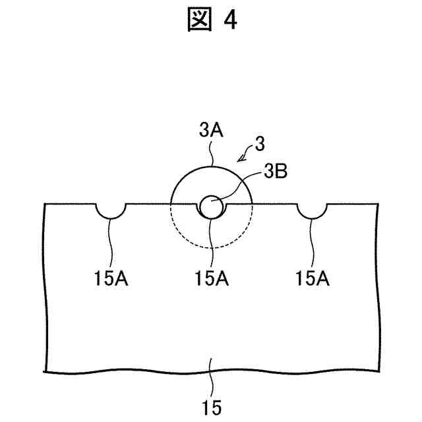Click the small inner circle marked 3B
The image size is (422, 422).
click(211, 206)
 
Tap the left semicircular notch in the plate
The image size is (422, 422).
click(111, 210)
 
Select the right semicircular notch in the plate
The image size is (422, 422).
click(311, 210)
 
